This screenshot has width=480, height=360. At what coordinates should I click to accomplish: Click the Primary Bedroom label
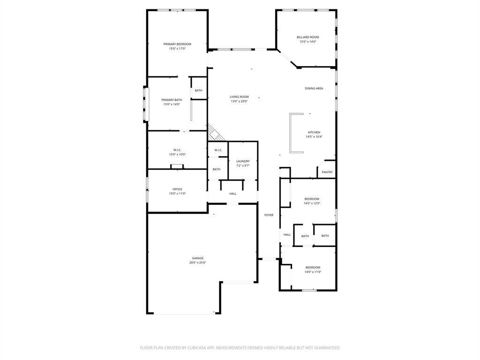[x=177, y=44]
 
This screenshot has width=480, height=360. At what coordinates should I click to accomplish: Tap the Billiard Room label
[x=307, y=37]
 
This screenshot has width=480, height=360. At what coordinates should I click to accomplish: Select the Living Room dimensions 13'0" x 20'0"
[x=239, y=101]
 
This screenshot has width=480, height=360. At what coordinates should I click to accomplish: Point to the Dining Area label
[x=314, y=89]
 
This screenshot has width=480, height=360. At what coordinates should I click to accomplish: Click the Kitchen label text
[x=314, y=133]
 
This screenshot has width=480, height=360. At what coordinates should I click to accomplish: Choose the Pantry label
[x=327, y=172]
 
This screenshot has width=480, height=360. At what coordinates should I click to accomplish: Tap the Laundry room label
[x=243, y=161]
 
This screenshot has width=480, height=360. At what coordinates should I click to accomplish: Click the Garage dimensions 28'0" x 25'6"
[x=197, y=262]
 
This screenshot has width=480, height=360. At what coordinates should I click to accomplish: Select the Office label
[x=177, y=189]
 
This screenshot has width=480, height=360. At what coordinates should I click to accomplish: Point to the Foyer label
[x=269, y=215]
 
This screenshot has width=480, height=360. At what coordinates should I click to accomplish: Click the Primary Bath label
[x=172, y=100]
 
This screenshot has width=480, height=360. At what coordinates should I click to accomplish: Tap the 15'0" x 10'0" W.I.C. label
[x=177, y=150]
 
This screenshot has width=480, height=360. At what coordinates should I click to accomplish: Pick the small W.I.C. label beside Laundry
[x=218, y=150]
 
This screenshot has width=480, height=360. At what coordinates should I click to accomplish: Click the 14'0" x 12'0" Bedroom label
[x=312, y=199]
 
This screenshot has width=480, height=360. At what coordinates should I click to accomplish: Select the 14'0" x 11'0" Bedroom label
[x=313, y=268]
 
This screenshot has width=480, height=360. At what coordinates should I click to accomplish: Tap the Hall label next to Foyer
[x=287, y=235]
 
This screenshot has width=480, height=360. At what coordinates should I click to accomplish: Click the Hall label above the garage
[x=232, y=194]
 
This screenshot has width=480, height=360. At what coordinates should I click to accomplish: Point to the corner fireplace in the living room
[x=216, y=133]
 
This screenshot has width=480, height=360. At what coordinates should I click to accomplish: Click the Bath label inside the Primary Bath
[x=198, y=90]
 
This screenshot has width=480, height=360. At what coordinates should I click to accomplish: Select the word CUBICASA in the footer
[x=198, y=348]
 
